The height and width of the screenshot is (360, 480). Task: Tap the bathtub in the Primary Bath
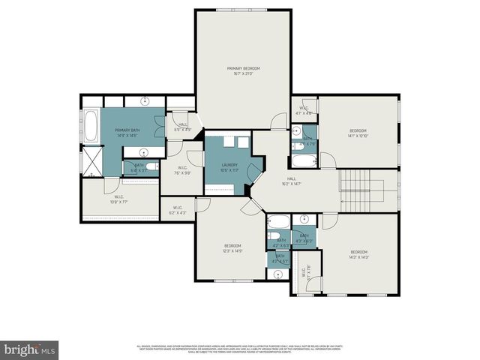click(x=91, y=127)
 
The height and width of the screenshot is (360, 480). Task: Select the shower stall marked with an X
click(x=91, y=160)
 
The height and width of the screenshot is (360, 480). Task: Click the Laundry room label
click(x=229, y=165)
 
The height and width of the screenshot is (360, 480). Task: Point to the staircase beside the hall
click(x=361, y=191)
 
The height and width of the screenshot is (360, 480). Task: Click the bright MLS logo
click(x=30, y=349)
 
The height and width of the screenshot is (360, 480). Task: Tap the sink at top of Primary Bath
click(x=145, y=100)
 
